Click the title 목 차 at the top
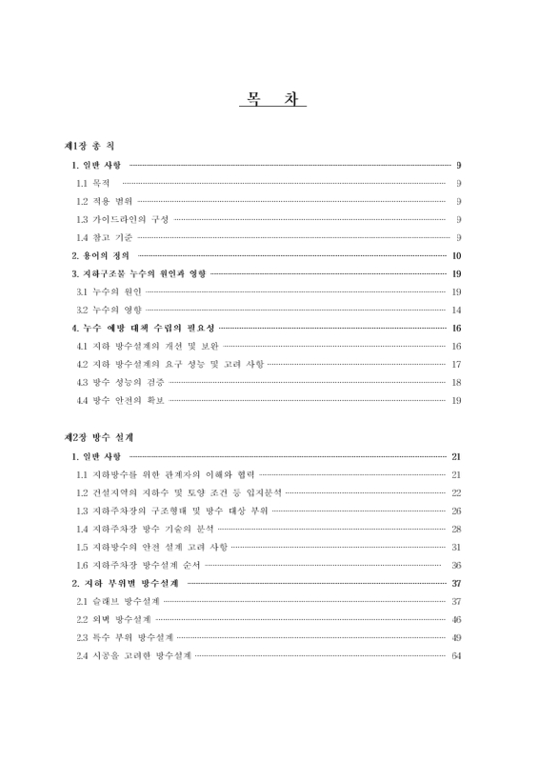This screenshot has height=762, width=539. coord(270,98)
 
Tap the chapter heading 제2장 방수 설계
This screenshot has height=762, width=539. coord(97,437)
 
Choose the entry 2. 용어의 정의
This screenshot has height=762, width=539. coord(102,256)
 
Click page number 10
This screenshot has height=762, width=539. coord(456,256)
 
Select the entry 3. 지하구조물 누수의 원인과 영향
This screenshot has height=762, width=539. coord(138,274)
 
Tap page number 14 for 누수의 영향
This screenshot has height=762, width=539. coord(456,311)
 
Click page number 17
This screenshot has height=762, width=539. coord(456,364)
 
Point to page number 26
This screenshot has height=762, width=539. coord(456,511)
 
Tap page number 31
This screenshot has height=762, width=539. coord(456,547)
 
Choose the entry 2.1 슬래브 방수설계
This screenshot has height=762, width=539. coord(117,602)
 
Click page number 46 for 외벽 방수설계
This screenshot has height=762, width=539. coord(456,620)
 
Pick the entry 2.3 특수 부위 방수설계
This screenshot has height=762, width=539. coord(124,637)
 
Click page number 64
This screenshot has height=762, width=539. coord(456,656)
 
